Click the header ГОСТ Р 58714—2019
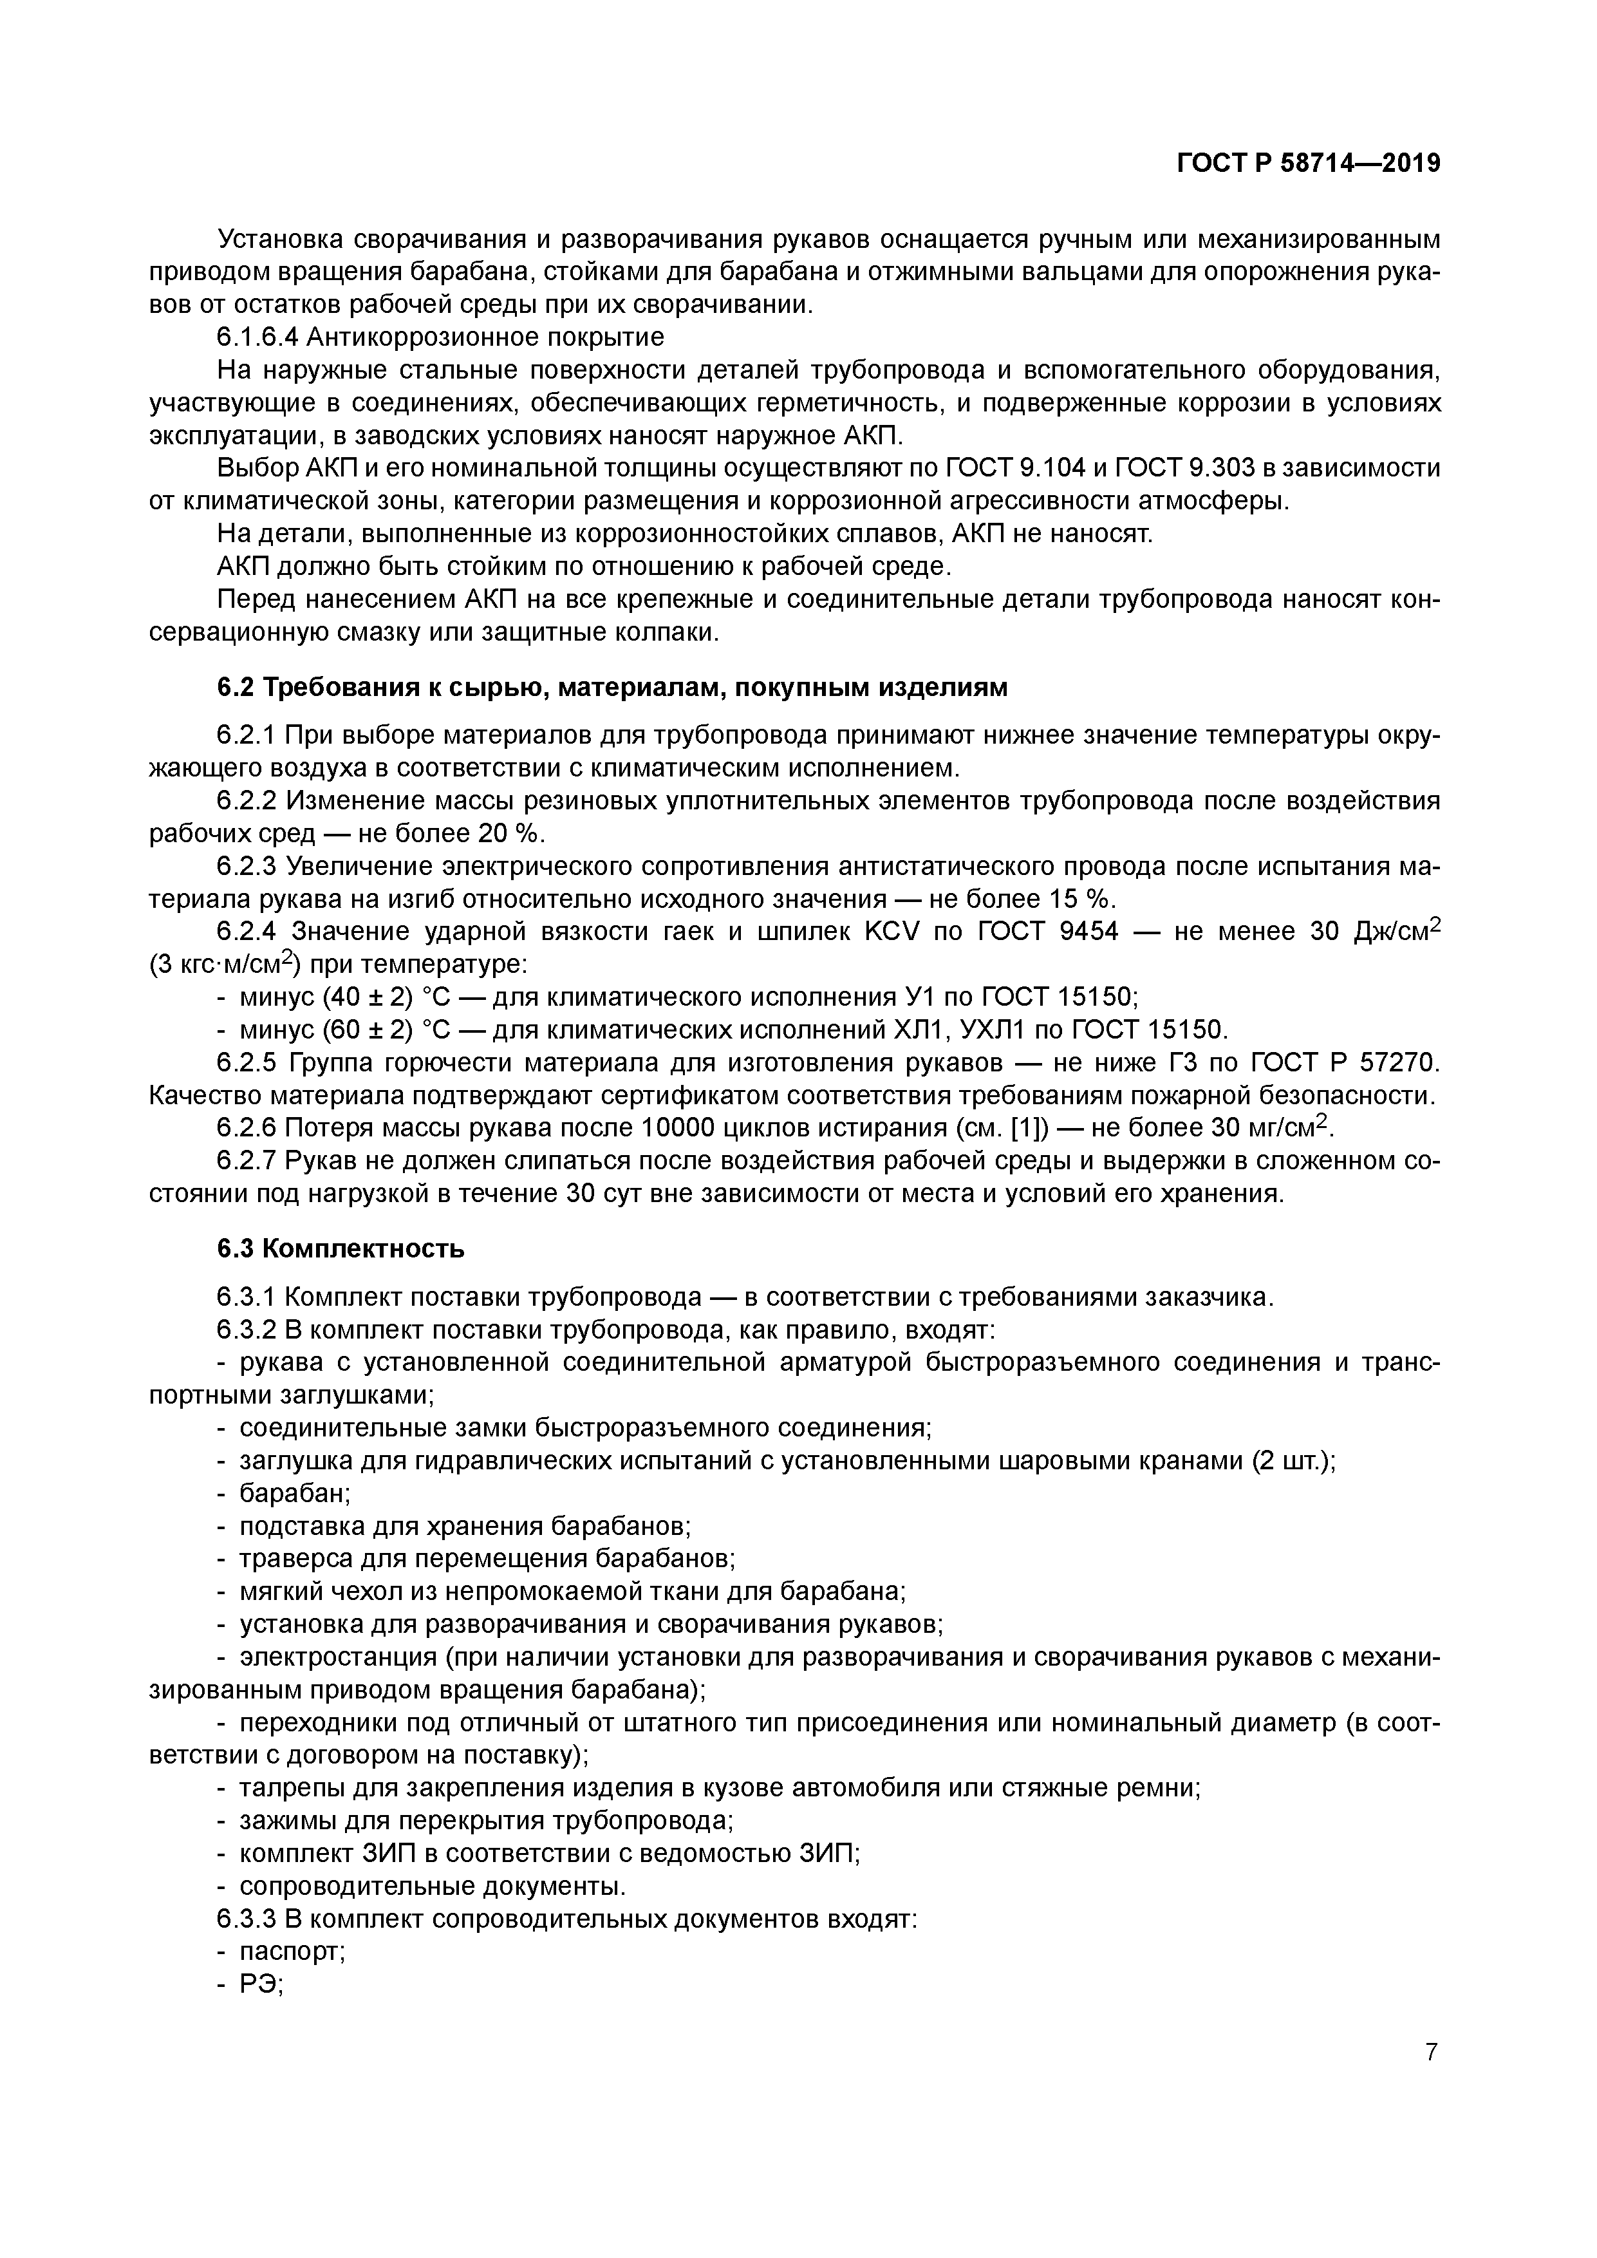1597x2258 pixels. tap(1308, 164)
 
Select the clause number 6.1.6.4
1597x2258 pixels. tap(257, 337)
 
